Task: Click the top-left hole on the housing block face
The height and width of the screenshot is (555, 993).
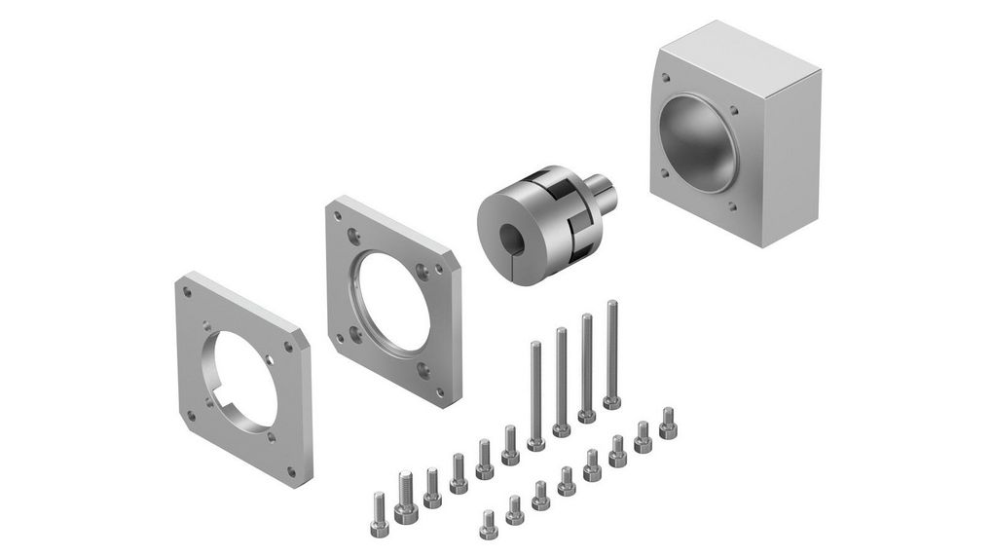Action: tap(666, 77)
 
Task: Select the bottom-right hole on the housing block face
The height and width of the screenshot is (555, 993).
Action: tap(731, 207)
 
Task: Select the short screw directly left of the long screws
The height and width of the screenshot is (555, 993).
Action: tap(509, 443)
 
